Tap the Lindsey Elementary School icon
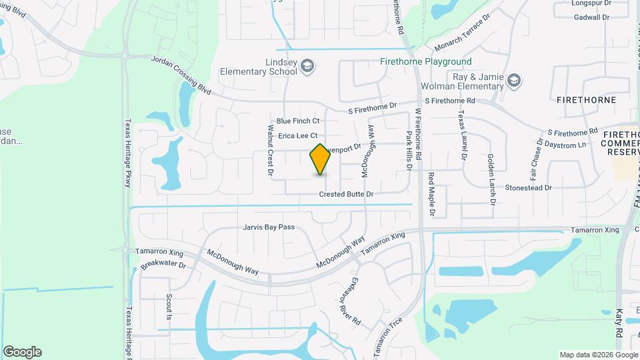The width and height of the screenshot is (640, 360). pos(307,65)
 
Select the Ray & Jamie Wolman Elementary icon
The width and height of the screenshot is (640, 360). pos(514,81)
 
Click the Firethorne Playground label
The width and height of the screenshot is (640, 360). pos(425,62)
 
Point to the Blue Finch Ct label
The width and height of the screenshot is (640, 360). pos(298,121)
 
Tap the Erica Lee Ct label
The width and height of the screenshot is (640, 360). pos(298,136)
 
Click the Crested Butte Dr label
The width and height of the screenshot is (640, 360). pos(345,194)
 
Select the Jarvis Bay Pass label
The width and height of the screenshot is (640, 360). pos(269,227)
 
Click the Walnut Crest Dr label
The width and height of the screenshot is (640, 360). pos(271,151)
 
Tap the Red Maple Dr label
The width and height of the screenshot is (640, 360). pos(431,195)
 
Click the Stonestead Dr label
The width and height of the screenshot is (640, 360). pos(529,188)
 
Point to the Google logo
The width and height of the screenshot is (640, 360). pos(22,352)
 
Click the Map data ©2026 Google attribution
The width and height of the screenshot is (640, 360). pos(598,355)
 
